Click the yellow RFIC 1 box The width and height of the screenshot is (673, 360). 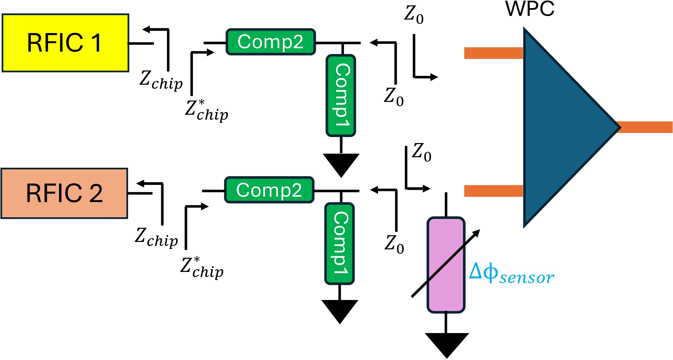coord(65,43)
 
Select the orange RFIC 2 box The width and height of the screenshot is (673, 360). coord(64,193)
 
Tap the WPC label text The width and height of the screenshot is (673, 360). coord(530,9)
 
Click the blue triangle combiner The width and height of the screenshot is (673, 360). coord(563,128)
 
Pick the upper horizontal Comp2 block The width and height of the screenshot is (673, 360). coord(271,42)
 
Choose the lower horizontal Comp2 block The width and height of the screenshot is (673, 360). coord(269,190)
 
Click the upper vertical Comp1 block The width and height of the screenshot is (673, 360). coord(341,95)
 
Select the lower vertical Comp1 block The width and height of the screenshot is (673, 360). coord(340,243)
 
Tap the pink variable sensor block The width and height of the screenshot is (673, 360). coord(446,265)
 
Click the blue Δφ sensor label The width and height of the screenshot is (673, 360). coord(511,273)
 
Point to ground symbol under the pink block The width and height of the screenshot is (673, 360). coord(447,344)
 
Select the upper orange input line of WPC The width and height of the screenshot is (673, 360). coord(493,53)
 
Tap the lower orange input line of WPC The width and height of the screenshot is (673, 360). coord(493,191)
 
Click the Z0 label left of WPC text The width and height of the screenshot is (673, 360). coord(414,15)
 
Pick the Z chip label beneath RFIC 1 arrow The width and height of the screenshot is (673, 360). coord(161,80)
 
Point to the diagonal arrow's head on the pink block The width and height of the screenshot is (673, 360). coord(477,232)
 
